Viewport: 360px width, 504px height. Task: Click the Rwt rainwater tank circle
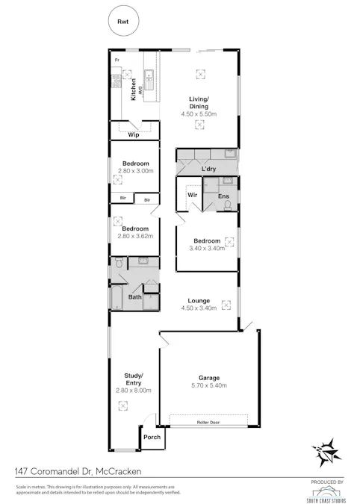122,22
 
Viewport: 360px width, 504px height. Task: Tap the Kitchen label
134,90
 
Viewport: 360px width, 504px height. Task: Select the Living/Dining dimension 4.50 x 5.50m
198,114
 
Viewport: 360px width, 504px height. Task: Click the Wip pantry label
134,134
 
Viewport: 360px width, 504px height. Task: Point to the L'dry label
208,170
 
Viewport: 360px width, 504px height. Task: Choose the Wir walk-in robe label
192,194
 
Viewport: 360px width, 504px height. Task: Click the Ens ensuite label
223,196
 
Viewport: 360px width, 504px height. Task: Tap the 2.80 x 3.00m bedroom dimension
135,171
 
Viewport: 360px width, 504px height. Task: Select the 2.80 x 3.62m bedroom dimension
135,236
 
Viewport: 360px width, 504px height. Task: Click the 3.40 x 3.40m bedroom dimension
206,248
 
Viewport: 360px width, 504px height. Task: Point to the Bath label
134,297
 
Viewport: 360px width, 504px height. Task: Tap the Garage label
208,378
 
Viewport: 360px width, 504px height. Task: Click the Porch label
152,437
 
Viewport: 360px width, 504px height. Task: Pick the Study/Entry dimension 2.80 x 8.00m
135,390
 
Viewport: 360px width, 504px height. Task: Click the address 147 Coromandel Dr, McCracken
78,472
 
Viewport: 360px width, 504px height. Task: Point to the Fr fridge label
117,59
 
